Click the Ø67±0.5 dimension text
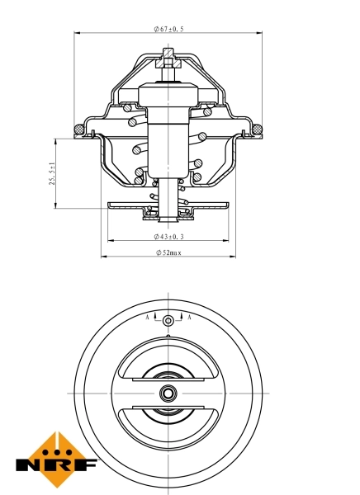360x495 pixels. point(168,29)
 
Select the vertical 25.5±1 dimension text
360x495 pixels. point(53,173)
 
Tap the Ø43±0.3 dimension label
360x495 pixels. point(168,237)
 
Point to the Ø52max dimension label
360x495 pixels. point(168,252)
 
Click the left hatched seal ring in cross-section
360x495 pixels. point(79,128)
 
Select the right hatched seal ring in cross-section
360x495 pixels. point(258,128)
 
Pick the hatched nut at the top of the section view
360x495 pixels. point(168,59)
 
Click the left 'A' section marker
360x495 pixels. point(148,318)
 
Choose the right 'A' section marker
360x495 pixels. point(189,318)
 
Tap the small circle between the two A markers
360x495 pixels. point(168,320)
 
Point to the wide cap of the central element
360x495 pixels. point(168,96)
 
